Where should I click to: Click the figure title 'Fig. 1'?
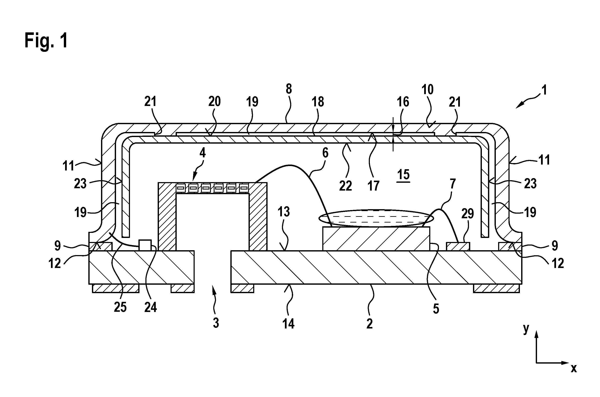click(x=46, y=41)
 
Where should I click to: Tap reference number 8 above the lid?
click(x=289, y=89)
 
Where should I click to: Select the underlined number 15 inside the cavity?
click(x=403, y=174)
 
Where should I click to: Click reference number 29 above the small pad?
click(x=467, y=214)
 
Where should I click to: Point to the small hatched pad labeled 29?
click(x=458, y=246)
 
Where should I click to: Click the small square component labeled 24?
click(x=145, y=245)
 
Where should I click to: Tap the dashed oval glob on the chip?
click(x=376, y=218)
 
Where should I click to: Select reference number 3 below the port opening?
click(x=216, y=323)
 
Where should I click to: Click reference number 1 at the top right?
click(x=545, y=90)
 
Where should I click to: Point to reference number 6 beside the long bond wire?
click(x=325, y=153)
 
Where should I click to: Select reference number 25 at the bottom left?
click(x=120, y=307)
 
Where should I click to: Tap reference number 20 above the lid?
click(x=215, y=101)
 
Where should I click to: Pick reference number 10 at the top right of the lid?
click(x=428, y=89)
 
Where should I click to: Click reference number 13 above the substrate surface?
click(x=284, y=212)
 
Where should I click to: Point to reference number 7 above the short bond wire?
click(x=452, y=184)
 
